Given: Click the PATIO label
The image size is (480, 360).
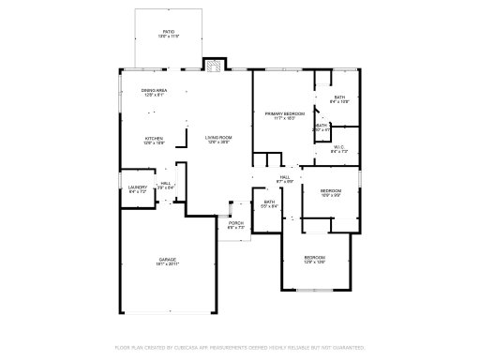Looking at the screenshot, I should (169, 31).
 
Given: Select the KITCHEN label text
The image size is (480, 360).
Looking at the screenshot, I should (155, 138).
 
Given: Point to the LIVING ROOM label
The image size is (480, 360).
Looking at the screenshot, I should (218, 138).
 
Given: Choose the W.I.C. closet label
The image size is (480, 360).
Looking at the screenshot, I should (338, 146).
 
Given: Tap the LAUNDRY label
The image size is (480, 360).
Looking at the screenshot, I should (137, 187).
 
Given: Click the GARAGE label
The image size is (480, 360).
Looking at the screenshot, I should (167, 259).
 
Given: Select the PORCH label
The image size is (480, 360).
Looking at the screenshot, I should (236, 222).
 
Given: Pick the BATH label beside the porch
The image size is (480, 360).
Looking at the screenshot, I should (269, 202).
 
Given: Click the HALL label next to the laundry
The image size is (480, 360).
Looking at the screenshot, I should (165, 183).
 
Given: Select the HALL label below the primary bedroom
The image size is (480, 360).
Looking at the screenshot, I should (285, 175).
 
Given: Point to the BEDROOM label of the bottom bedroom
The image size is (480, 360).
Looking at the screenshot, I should (314, 258).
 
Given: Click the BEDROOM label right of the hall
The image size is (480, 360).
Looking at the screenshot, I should (330, 191).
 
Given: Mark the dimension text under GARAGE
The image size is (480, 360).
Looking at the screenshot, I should (167, 264).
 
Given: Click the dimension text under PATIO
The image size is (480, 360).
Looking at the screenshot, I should (169, 37).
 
